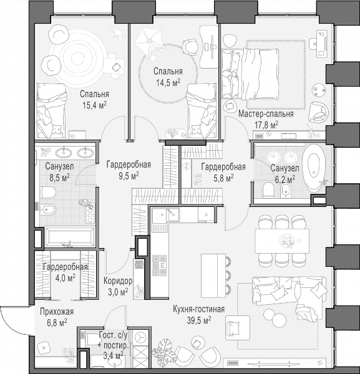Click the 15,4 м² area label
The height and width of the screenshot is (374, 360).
pyautogui.click(x=95, y=105)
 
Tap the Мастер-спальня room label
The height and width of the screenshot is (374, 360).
pyautogui.click(x=266, y=114)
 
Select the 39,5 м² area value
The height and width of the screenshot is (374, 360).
pyautogui.click(x=199, y=320)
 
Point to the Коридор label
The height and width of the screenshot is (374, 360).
pyautogui.click(x=118, y=281)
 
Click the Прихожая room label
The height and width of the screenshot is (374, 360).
pyautogui.click(x=57, y=312)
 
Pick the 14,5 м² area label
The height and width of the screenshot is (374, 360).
pyautogui.click(x=168, y=82)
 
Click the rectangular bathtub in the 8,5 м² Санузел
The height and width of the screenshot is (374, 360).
pyautogui.click(x=69, y=237)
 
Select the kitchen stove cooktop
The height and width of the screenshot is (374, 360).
pyautogui.click(x=160, y=265)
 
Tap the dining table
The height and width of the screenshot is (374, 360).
pyautogui.click(x=282, y=241)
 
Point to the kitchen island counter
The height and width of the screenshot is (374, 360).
pyautogui.click(x=213, y=276)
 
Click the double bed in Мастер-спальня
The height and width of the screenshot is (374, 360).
pyautogui.click(x=250, y=74)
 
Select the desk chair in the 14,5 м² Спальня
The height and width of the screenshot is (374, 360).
pyautogui.click(x=190, y=47)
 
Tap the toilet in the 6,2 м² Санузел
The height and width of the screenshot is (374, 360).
pyautogui.click(x=268, y=190)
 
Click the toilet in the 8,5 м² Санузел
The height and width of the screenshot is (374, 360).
pyautogui.click(x=48, y=192)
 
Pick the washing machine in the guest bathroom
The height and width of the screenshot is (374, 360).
pyautogui.click(x=140, y=338)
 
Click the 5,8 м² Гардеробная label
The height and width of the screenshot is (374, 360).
pyautogui.click(x=223, y=172)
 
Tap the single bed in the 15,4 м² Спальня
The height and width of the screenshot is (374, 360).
pyautogui.click(x=51, y=111)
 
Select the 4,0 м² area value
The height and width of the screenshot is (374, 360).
pyautogui.click(x=66, y=277)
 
